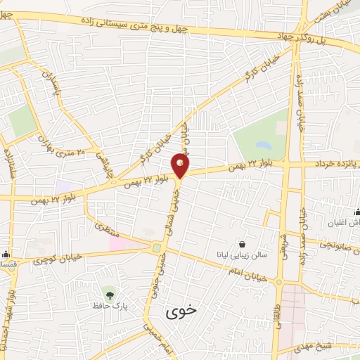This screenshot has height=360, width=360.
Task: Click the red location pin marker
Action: coord(181,166)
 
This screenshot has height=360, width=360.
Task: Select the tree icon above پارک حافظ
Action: coord(108,292)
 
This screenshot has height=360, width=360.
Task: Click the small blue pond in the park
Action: coord(264,146)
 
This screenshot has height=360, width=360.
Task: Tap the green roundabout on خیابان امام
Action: coord(156,247)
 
